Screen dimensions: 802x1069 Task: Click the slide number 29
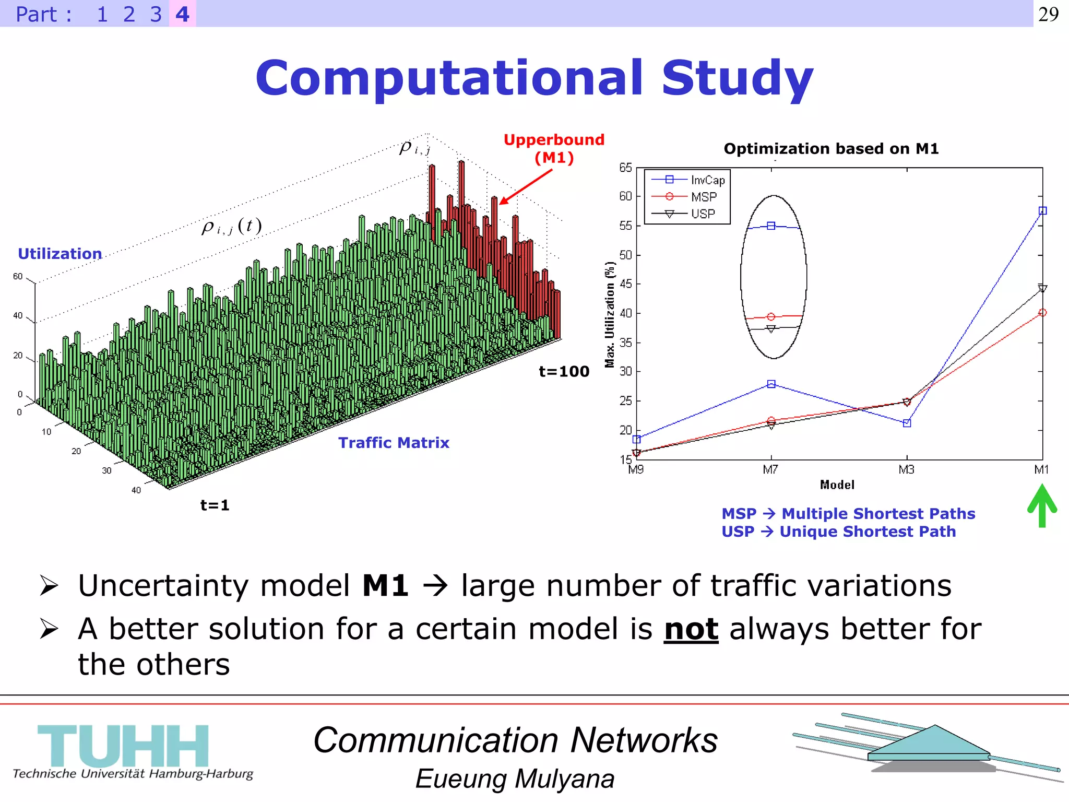[x=1048, y=14]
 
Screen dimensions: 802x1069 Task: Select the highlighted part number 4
[x=182, y=14]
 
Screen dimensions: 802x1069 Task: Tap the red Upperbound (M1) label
[x=554, y=148]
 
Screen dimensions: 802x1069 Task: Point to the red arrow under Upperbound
[x=526, y=187]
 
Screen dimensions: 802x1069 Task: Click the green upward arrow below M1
[x=1042, y=505]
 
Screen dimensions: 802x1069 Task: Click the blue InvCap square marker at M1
[x=1042, y=211]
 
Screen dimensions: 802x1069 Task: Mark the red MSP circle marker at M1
[x=1042, y=313]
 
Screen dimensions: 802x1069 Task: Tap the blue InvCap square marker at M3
[x=907, y=423]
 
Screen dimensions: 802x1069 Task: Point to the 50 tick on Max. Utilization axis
[x=625, y=255]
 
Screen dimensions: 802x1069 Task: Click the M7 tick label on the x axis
[x=770, y=470]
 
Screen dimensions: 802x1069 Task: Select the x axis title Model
[x=837, y=485]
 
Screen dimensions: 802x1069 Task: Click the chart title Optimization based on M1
[x=831, y=149]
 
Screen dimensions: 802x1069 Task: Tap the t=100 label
[x=564, y=372]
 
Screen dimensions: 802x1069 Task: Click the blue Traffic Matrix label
[x=394, y=443]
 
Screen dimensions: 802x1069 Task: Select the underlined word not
[x=691, y=629]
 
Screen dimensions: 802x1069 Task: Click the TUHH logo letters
[x=123, y=746]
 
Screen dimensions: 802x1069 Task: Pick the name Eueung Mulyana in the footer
[x=515, y=779]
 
